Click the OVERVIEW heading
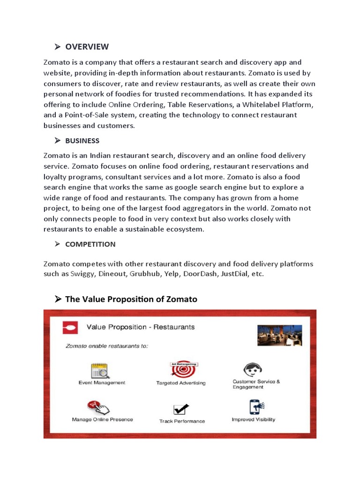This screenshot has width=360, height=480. (87, 46)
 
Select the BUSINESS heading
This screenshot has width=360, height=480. (82, 141)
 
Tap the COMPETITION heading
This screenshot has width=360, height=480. (90, 244)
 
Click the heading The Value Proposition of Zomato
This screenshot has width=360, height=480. (131, 299)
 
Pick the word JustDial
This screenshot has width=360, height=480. (235, 274)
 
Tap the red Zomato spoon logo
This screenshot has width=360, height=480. (70, 327)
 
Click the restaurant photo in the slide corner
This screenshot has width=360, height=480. (280, 335)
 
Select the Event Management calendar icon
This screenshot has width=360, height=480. (100, 370)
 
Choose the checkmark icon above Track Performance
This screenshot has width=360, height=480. (181, 409)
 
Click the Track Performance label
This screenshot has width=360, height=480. (182, 421)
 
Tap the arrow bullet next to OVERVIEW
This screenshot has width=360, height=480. (58, 46)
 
